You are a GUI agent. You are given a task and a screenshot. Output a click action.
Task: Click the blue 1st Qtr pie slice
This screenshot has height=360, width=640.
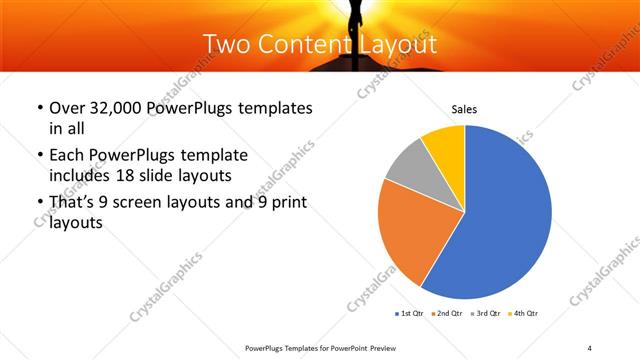point(505,220)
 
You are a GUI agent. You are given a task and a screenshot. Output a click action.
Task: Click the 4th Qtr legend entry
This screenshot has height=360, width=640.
point(526,314)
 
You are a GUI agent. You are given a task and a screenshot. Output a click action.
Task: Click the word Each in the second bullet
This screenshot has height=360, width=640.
point(68,156)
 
